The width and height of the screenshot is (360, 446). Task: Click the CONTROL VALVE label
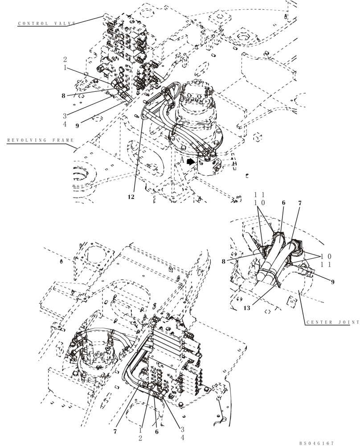(x=47, y=23)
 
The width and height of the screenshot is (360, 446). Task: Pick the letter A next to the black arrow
(x=182, y=159)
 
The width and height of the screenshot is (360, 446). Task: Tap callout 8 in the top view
(x=64, y=95)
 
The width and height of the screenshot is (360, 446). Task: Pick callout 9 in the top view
(x=77, y=126)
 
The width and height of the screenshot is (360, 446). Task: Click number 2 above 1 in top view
(x=65, y=59)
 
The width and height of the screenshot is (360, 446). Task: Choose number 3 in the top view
(x=65, y=115)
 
